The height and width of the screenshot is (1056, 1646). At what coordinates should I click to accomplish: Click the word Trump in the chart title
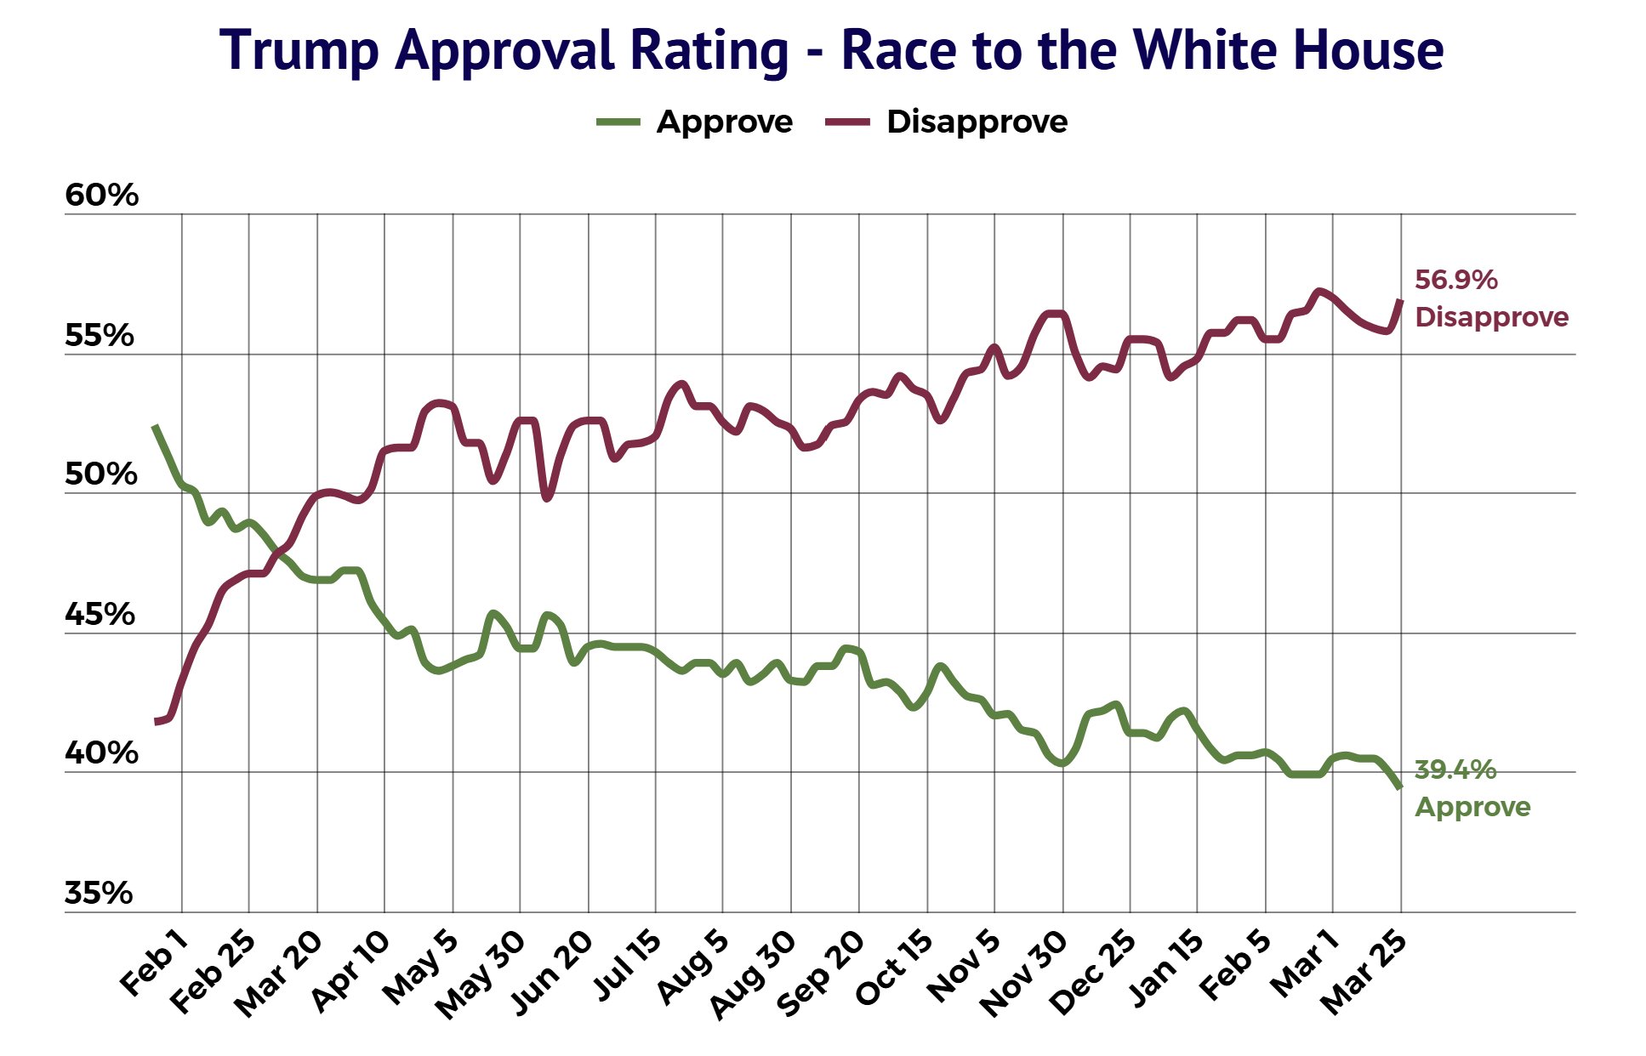click(x=299, y=50)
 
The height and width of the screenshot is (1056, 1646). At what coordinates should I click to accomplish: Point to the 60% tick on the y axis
click(x=101, y=196)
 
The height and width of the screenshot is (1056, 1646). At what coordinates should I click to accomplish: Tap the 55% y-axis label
click(x=100, y=337)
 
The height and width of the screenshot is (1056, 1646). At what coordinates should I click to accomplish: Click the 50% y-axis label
click(x=100, y=475)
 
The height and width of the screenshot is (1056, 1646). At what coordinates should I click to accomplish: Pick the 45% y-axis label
click(x=100, y=615)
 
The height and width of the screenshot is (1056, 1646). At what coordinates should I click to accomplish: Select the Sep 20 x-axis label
click(x=821, y=974)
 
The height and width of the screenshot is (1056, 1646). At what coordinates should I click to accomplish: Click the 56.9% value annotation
click(x=1455, y=280)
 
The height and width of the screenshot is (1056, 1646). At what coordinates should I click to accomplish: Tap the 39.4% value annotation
click(x=1455, y=770)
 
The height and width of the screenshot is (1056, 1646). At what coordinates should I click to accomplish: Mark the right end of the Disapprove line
click(x=1400, y=301)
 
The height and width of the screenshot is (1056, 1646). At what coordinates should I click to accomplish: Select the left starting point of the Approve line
click(x=154, y=426)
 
